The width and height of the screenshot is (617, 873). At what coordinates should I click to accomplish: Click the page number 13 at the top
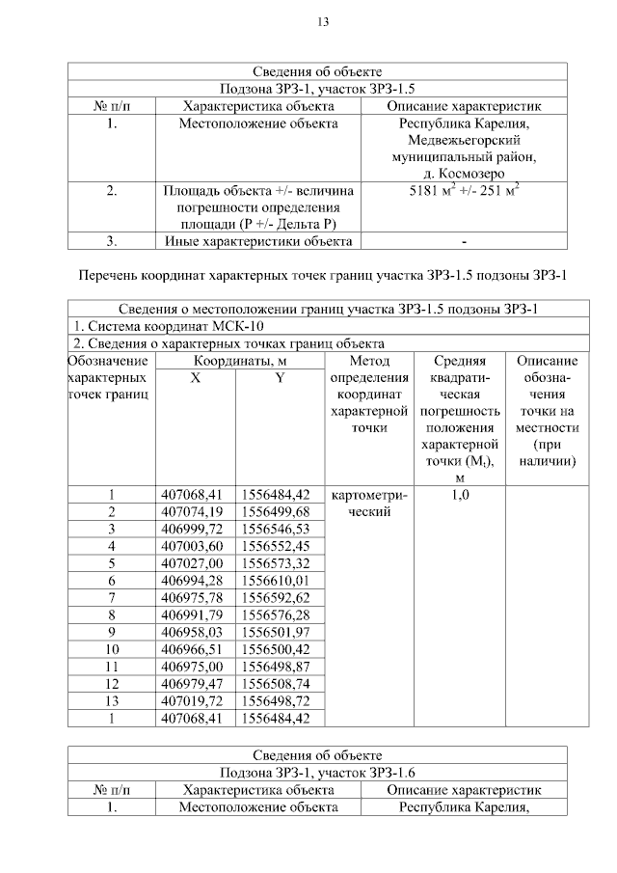click(323, 22)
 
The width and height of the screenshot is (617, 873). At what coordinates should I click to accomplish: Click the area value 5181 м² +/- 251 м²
click(465, 191)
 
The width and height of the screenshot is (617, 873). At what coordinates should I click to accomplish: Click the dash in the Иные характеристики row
click(465, 241)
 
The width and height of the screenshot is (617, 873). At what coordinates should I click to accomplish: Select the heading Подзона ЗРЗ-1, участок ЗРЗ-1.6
click(317, 773)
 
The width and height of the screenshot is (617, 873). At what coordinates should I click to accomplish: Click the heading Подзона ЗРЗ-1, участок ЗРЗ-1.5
click(317, 88)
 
